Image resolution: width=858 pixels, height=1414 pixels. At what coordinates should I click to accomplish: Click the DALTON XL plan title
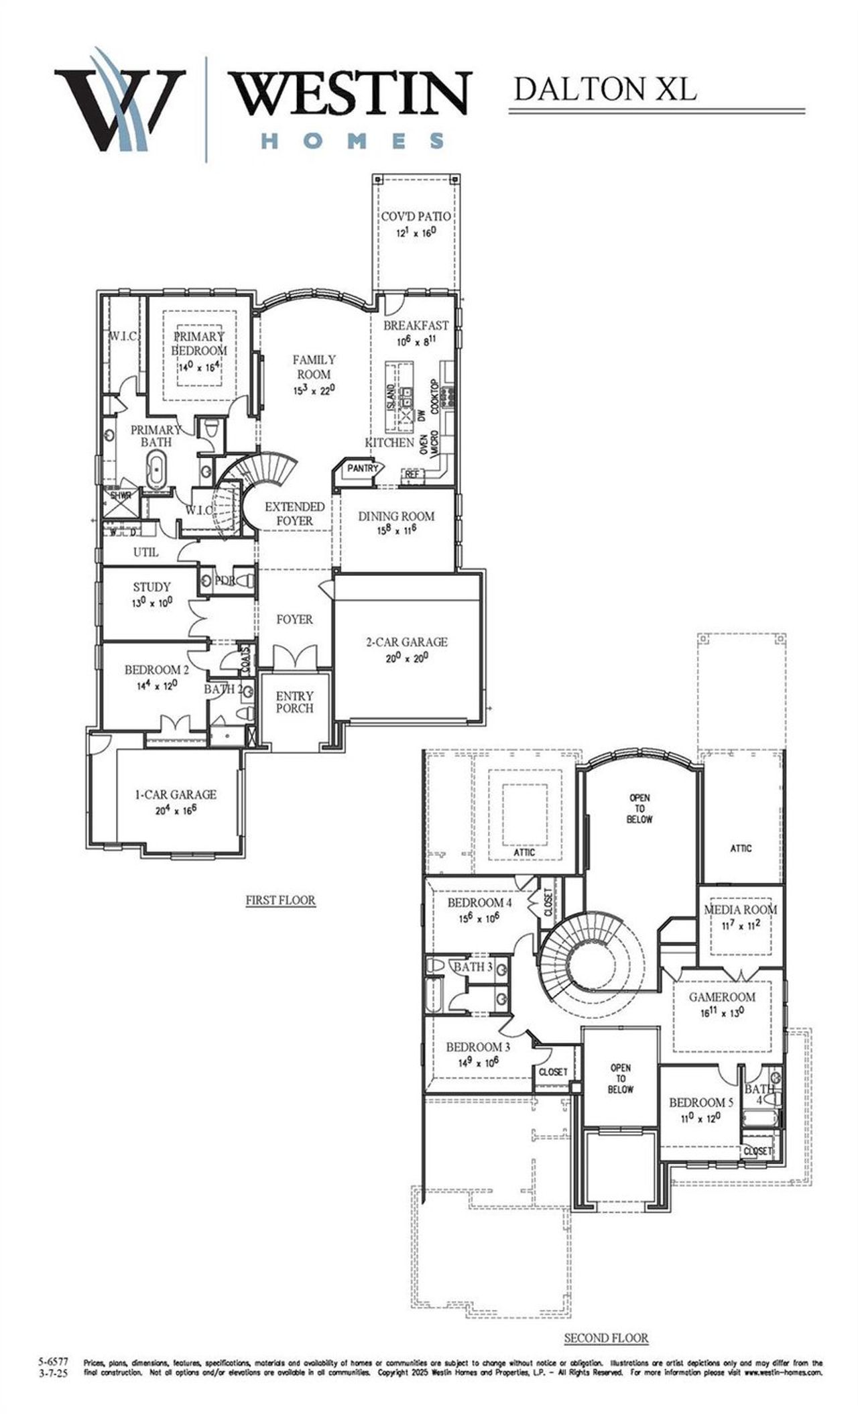tap(605, 90)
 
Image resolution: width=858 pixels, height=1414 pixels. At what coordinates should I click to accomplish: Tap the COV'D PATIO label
tap(416, 217)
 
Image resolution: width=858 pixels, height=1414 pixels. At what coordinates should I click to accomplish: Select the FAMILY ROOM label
tap(314, 367)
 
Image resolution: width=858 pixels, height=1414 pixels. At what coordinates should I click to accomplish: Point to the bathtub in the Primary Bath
tap(157, 470)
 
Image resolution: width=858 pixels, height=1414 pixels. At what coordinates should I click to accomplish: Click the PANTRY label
tap(363, 469)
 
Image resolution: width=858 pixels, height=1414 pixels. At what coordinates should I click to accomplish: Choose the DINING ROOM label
tap(395, 516)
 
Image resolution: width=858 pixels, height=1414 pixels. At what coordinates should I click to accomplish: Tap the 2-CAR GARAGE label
tap(406, 642)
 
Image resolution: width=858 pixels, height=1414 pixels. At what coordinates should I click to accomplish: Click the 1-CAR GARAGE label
tap(176, 794)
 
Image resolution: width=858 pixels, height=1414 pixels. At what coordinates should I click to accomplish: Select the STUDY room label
tap(151, 587)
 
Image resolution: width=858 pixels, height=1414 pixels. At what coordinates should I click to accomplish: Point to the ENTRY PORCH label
tap(294, 702)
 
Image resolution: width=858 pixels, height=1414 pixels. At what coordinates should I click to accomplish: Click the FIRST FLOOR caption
tap(280, 900)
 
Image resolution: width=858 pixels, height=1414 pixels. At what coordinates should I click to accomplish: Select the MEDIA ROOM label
tap(740, 910)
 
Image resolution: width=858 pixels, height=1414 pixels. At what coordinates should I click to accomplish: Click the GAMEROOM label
tap(722, 997)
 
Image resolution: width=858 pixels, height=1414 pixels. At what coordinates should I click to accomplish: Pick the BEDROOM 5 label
tap(701, 1102)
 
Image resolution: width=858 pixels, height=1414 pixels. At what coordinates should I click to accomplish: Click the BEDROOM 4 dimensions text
tap(479, 919)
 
